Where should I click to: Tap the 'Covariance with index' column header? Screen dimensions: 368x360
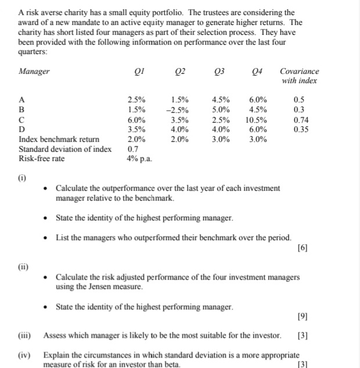coord(299,76)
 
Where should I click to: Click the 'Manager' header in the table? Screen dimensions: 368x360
coord(34,72)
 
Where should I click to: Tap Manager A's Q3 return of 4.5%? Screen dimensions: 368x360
coord(221,99)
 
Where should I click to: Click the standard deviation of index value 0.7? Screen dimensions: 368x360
coord(133,149)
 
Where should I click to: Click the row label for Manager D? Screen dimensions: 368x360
coord(22,129)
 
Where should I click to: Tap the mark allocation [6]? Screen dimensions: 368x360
coord(301,248)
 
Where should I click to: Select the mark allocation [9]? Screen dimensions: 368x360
coord(301,317)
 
